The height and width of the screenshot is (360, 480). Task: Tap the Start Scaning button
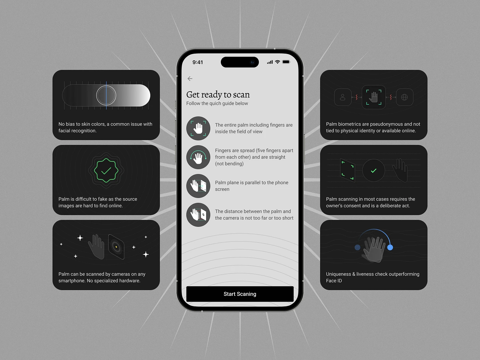[240, 294]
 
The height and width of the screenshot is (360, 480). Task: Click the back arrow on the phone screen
[190, 79]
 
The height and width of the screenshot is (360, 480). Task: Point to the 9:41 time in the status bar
[198, 62]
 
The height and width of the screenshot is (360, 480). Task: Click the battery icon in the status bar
[286, 62]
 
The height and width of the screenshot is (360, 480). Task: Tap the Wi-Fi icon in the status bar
[278, 62]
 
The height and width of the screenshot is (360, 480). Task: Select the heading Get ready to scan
[218, 95]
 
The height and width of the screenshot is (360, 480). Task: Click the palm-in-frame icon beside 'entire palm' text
[198, 128]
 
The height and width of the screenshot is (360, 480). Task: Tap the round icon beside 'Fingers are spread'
[198, 157]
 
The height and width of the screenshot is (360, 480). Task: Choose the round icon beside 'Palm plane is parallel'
[198, 186]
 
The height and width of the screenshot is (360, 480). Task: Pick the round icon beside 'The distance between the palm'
[198, 215]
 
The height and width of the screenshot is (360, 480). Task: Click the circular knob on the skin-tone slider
[106, 95]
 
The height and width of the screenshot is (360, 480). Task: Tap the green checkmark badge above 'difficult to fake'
[106, 170]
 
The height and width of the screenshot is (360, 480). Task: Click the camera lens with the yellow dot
[116, 247]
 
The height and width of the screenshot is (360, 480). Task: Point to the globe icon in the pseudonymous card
[404, 97]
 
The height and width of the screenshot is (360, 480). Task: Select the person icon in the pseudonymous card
[343, 97]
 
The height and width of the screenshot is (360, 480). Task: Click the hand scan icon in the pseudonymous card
[373, 97]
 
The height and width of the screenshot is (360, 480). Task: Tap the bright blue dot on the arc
[390, 247]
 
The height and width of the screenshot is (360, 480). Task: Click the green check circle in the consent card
[373, 170]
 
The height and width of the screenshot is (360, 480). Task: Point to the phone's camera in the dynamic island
[252, 62]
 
